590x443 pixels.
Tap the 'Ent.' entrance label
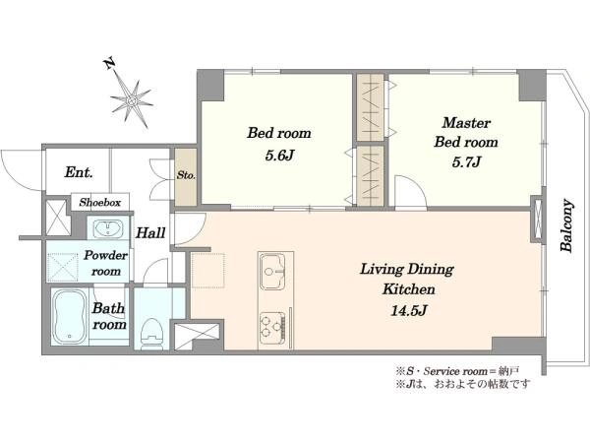pos(79,172)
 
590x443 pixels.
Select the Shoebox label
pos(100,202)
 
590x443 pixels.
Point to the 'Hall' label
pos(150,233)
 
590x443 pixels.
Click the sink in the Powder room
pos(105,230)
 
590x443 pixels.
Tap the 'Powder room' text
pos(106,263)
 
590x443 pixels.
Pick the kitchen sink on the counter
pos(274,267)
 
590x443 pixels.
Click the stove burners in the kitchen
pos(273,323)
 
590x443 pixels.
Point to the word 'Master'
pos(465,123)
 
